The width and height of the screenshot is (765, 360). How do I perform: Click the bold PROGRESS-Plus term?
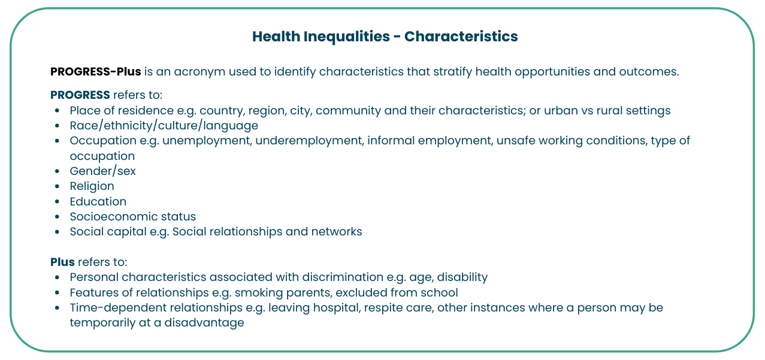pyautogui.click(x=96, y=72)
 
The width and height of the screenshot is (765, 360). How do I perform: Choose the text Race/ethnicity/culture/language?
pyautogui.click(x=164, y=126)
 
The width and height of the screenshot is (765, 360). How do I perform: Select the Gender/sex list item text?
pyautogui.click(x=102, y=171)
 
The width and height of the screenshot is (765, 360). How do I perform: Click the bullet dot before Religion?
pyautogui.click(x=57, y=186)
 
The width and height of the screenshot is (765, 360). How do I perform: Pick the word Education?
pyautogui.click(x=98, y=202)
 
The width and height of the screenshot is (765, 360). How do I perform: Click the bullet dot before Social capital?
pyautogui.click(x=57, y=232)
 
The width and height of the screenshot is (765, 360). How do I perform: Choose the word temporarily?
pyautogui.click(x=102, y=323)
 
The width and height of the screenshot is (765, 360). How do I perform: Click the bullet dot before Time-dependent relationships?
pyautogui.click(x=57, y=308)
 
